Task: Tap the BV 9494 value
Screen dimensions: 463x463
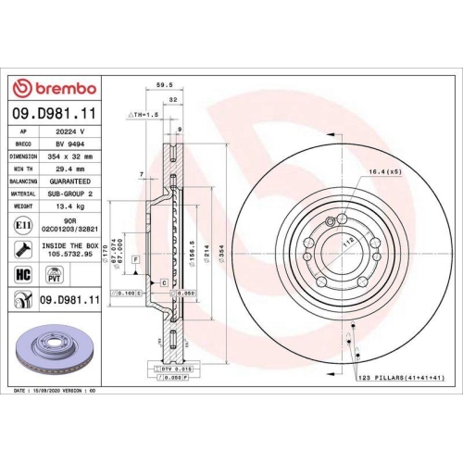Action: [x=69, y=144]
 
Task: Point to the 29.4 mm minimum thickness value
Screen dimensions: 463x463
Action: [x=69, y=170]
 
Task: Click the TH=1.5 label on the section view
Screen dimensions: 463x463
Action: [x=146, y=115]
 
